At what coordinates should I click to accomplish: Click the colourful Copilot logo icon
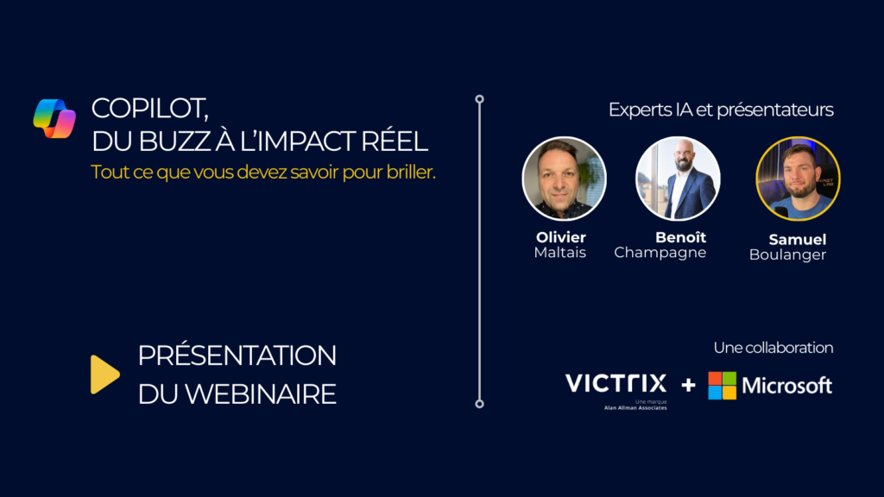point(54,118)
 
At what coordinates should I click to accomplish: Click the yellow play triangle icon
point(104,374)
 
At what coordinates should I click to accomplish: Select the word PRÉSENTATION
point(237,355)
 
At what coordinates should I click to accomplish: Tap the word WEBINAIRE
point(260,393)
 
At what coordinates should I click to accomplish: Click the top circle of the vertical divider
point(479,99)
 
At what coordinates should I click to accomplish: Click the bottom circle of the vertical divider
point(479,403)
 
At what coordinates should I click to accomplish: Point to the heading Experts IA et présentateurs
point(721,110)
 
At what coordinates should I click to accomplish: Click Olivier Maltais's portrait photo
point(564,179)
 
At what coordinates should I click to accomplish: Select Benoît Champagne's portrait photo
point(678,179)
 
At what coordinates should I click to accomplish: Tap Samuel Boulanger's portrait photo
point(797,179)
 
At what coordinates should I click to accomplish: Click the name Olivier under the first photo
point(560,237)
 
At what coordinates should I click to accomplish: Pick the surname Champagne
point(660,253)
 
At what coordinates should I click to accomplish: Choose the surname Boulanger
point(787,255)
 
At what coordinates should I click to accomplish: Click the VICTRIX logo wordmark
point(616,383)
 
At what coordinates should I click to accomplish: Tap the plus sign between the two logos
point(688,385)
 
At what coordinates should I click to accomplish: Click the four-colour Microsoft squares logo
point(723,385)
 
